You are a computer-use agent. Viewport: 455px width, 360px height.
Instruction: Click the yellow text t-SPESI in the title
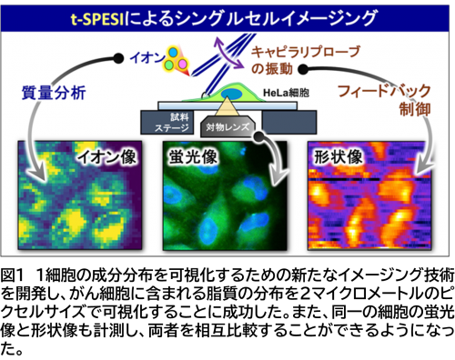pos(97,19)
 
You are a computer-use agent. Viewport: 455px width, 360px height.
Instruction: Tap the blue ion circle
pos(173,53)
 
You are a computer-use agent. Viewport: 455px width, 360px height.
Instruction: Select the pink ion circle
pos(182,64)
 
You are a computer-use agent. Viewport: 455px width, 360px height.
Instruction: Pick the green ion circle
pos(168,65)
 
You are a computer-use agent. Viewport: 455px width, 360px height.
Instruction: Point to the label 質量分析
pos(54,93)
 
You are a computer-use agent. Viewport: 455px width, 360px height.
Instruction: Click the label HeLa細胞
pos(286,93)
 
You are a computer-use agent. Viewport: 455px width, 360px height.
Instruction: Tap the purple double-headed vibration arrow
pos(228,53)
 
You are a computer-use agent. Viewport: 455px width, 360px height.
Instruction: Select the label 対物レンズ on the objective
pos(227,127)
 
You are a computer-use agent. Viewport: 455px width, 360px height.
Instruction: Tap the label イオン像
pos(106,157)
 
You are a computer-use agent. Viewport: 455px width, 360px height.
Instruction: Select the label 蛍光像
pos(193,157)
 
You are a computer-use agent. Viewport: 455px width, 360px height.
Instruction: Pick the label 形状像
pos(339,157)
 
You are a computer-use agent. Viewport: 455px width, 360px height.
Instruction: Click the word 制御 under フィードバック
pos(415,109)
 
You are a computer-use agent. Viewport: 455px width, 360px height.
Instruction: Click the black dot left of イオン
pos(118,58)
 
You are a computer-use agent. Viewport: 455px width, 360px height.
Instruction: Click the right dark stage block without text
pos(289,122)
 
